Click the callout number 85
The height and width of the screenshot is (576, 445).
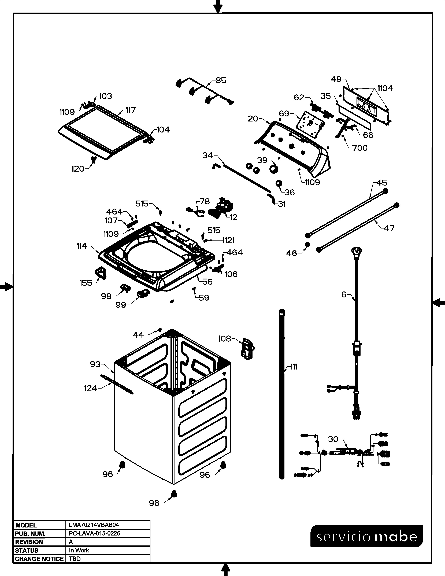click(x=221, y=80)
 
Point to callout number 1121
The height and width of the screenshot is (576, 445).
click(x=229, y=240)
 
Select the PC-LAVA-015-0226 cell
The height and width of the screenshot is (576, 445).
click(x=94, y=534)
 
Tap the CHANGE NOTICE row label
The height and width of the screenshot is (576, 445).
click(x=39, y=559)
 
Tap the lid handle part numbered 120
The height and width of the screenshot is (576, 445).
click(x=93, y=159)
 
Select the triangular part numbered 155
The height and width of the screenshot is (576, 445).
click(x=101, y=272)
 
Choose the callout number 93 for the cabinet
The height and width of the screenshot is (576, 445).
click(x=95, y=364)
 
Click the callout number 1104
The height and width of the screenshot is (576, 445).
click(x=385, y=88)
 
